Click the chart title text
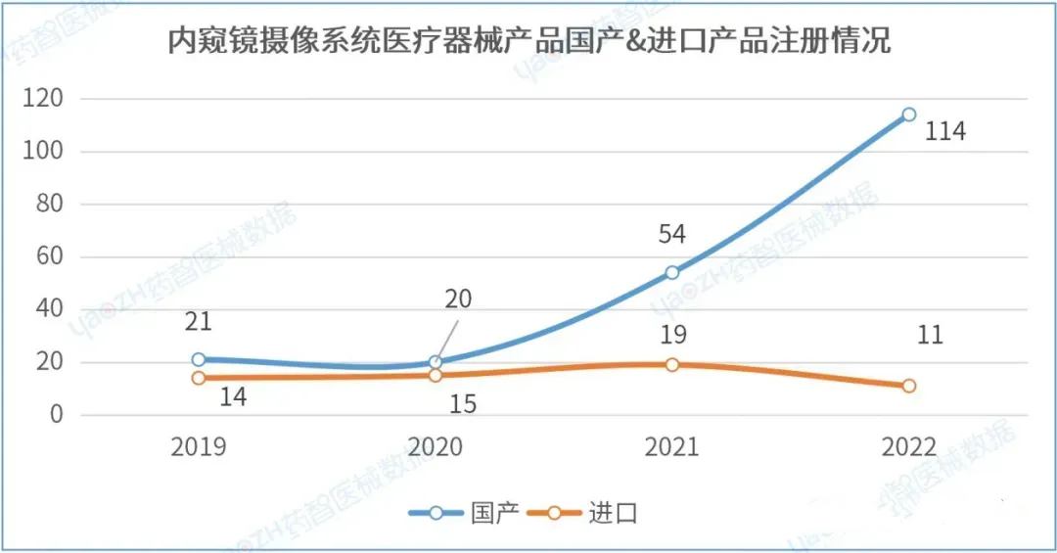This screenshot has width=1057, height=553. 528,42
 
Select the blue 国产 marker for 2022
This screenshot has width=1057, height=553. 909,115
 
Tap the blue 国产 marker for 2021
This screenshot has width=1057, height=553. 671,273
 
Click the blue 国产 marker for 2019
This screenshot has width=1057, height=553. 199,360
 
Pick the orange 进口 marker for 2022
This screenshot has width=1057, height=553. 909,386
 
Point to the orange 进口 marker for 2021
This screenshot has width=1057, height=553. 671,365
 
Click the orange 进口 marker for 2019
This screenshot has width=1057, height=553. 199,378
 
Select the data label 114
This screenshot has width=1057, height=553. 944,131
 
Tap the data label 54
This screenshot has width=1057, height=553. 671,235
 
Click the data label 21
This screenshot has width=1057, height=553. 198,322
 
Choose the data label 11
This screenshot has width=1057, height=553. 929,336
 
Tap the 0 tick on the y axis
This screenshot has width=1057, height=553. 56,415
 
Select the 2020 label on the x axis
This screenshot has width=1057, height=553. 436,448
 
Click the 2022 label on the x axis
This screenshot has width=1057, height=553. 909,448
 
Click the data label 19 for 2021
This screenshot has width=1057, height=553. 671,336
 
